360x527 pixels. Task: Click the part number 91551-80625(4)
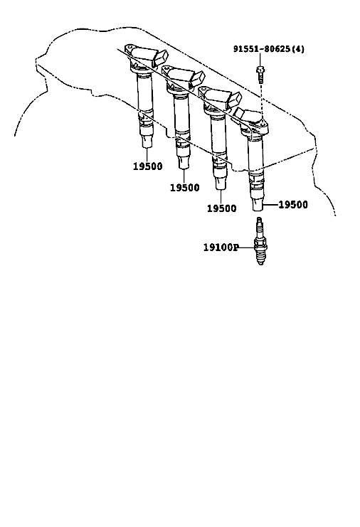pyautogui.click(x=268, y=49)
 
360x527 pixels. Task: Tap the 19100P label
pyautogui.click(x=221, y=247)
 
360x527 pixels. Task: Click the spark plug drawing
pyautogui.click(x=260, y=240)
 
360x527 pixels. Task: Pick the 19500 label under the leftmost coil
pyautogui.click(x=147, y=166)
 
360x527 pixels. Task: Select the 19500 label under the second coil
pyautogui.click(x=184, y=187)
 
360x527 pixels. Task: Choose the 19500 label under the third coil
pyautogui.click(x=221, y=208)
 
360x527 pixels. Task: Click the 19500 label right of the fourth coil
pyautogui.click(x=293, y=204)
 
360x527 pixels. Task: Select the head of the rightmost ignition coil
pyautogui.click(x=252, y=120)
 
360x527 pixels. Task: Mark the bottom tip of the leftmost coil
pyautogui.click(x=147, y=145)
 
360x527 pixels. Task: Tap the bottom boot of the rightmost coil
pyautogui.click(x=258, y=204)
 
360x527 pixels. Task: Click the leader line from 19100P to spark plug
pyautogui.click(x=246, y=247)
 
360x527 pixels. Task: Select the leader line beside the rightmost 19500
pyautogui.click(x=271, y=204)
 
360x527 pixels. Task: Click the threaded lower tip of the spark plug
pyautogui.click(x=260, y=260)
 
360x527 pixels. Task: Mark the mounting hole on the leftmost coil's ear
pyautogui.click(x=129, y=48)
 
